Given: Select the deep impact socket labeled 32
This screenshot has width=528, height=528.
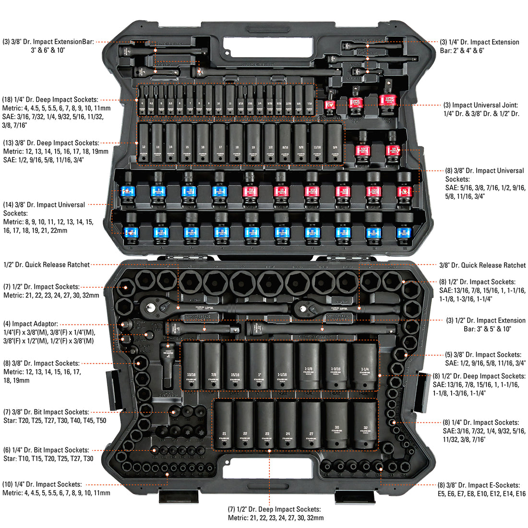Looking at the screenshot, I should click(x=365, y=425).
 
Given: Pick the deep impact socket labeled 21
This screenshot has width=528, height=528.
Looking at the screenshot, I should click(x=224, y=425).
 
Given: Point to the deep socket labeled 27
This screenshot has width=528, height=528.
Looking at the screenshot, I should click(x=311, y=425).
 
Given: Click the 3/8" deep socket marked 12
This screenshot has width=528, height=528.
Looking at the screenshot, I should click(x=144, y=143).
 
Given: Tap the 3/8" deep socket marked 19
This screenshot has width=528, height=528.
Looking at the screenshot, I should click(x=253, y=143).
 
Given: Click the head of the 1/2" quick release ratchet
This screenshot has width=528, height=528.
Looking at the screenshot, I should click(x=150, y=303).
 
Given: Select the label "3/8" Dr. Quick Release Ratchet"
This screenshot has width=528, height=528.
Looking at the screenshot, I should click(x=482, y=265).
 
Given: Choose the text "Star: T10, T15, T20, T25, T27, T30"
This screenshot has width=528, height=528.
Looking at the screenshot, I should click(x=48, y=458).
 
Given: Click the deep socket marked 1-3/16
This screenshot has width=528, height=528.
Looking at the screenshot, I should click(x=338, y=367).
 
